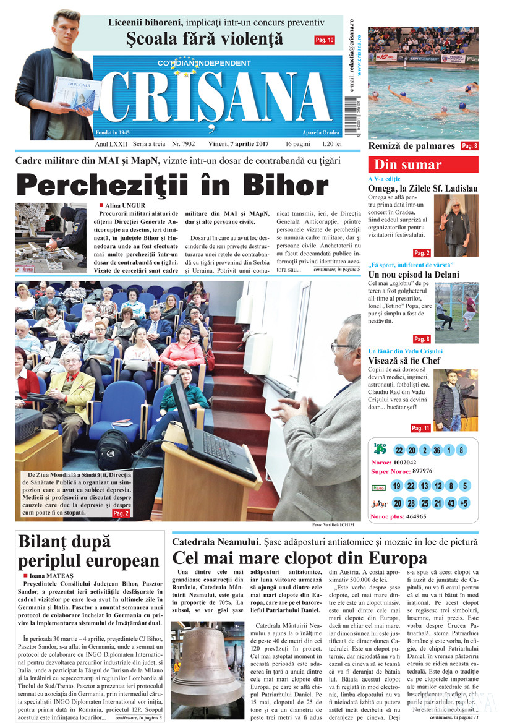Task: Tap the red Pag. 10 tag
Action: point(324,40)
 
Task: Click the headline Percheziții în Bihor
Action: point(172,185)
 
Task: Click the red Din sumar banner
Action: point(423,165)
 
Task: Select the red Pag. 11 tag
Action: point(420,428)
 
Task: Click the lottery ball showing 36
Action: point(437,451)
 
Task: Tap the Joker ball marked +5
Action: point(464,503)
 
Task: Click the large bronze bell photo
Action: point(208,657)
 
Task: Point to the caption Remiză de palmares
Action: point(411,146)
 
